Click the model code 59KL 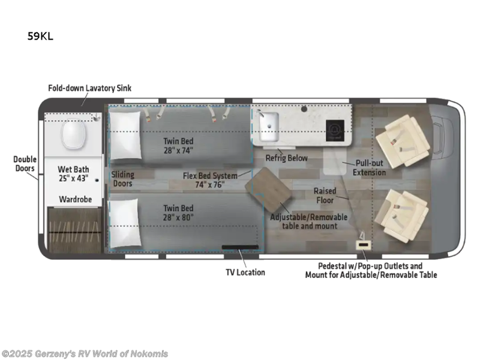(x=40, y=35)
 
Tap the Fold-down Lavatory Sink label (x=89, y=88)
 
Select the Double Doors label (x=25, y=164)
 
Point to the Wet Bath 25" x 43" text (x=73, y=174)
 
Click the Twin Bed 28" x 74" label (x=178, y=146)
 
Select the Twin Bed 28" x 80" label (x=178, y=212)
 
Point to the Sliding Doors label (x=122, y=179)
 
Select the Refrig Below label (x=287, y=158)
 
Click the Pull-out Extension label (x=369, y=168)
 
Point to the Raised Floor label (x=325, y=196)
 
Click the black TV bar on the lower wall (x=241, y=246)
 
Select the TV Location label (x=245, y=272)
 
